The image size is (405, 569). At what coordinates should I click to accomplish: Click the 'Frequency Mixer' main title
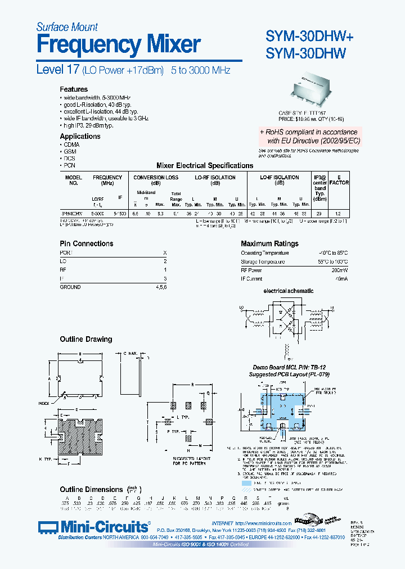[119, 44]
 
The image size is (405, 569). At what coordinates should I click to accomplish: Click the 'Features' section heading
[74, 89]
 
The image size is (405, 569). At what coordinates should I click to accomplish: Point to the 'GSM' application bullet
[70, 152]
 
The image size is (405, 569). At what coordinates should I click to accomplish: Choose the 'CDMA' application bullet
[72, 144]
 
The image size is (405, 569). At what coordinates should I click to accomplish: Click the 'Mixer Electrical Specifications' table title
[204, 166]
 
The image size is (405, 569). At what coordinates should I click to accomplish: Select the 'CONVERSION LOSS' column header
[156, 178]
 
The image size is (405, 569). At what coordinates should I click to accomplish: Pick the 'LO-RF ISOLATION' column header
[215, 178]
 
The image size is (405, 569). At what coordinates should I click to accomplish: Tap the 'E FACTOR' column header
[339, 180]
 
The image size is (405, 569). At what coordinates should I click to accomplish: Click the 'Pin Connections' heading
[87, 243]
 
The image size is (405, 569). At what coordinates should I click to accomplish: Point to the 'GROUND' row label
[70, 287]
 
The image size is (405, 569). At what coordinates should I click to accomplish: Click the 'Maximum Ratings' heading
[269, 243]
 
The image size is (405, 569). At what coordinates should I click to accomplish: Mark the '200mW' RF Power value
[339, 270]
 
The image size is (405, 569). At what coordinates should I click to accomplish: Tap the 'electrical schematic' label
[289, 291]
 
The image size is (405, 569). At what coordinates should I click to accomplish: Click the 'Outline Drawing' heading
[86, 339]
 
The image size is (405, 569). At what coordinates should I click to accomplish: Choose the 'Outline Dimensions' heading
[91, 490]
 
